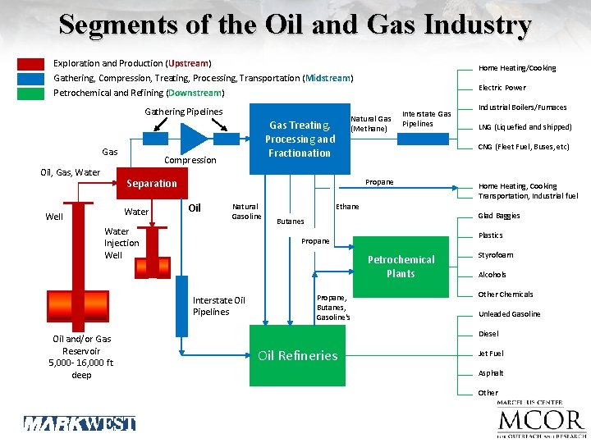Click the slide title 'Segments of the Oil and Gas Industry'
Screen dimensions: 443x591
coord(295,25)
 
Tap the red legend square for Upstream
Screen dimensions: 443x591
coord(31,64)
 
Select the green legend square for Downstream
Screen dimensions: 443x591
coord(31,93)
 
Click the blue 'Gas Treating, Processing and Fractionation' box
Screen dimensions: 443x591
coord(299,138)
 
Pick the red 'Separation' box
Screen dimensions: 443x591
coord(152,183)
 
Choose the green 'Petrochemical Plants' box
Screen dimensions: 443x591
coord(401,267)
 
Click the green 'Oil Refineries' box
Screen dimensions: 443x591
coord(297,355)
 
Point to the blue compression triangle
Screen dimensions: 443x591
coord(195,138)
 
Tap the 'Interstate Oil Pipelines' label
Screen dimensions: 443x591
coord(218,306)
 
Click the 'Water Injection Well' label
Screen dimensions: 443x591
coord(121,243)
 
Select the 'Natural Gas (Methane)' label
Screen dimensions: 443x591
coord(370,124)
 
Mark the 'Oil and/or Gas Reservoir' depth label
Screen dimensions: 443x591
coord(81,357)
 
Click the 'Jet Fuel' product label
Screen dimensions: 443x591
coord(491,354)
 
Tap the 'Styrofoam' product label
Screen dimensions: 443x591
coord(496,255)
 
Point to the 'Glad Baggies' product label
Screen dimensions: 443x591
coord(499,216)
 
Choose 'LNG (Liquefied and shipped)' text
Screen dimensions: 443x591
coord(525,127)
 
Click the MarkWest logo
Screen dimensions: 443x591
coord(79,423)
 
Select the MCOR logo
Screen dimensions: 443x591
coord(540,421)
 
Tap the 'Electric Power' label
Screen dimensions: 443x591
coord(502,88)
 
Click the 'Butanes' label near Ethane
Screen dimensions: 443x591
coord(291,221)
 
